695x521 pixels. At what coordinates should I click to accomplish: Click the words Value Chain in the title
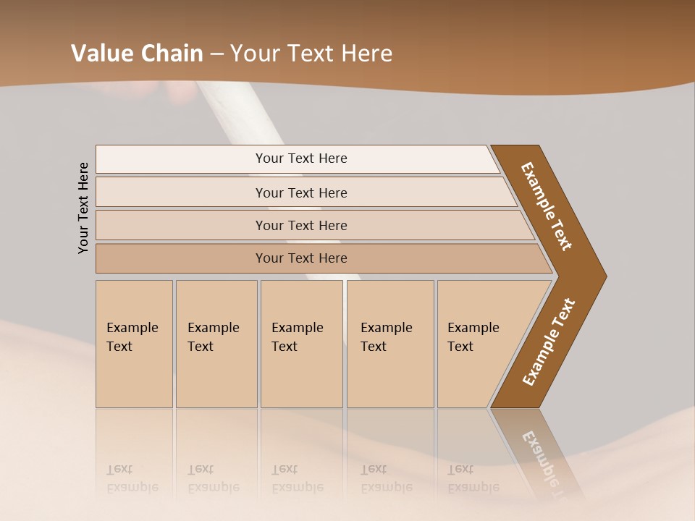click(x=137, y=54)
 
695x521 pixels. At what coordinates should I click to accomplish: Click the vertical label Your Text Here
click(x=84, y=208)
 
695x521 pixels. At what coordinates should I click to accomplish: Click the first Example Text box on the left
click(x=134, y=344)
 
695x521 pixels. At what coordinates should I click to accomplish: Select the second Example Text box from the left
click(x=216, y=344)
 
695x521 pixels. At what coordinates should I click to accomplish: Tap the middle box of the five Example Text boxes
click(x=301, y=344)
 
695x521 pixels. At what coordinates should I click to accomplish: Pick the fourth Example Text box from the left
click(x=390, y=344)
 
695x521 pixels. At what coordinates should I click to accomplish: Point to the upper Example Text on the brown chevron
click(x=547, y=206)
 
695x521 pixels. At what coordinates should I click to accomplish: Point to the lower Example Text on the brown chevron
click(x=549, y=342)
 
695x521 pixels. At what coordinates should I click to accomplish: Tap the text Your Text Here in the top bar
click(x=301, y=158)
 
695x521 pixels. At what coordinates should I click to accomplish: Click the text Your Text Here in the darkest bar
click(x=301, y=258)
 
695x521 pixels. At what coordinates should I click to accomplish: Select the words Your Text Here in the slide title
click(x=311, y=54)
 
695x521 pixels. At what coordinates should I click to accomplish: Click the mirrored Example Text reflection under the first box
click(x=132, y=478)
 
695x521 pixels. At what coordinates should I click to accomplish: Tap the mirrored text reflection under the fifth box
click(x=473, y=478)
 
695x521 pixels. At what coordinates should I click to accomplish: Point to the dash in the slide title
click(x=216, y=54)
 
